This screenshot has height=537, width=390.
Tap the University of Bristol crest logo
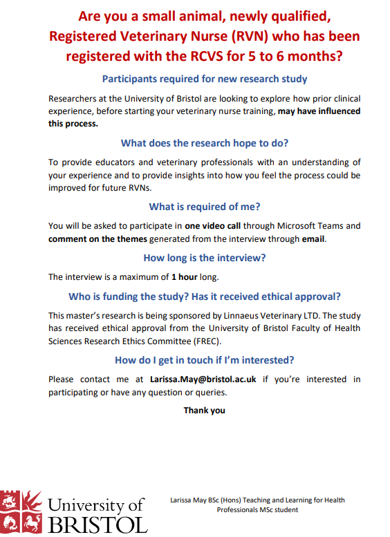tap(21, 512)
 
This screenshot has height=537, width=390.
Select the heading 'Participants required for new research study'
tap(205, 79)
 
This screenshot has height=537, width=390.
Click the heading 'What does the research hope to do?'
tap(205, 143)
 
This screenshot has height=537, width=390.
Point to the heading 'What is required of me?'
tap(205, 207)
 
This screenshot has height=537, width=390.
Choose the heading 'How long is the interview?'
tap(205, 258)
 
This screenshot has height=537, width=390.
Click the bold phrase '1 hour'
tap(186, 277)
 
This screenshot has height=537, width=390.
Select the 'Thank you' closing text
tap(204, 411)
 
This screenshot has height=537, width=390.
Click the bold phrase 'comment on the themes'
tap(98, 239)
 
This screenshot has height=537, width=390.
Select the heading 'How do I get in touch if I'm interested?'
tap(205, 360)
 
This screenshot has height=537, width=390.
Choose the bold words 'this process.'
tap(73, 124)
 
